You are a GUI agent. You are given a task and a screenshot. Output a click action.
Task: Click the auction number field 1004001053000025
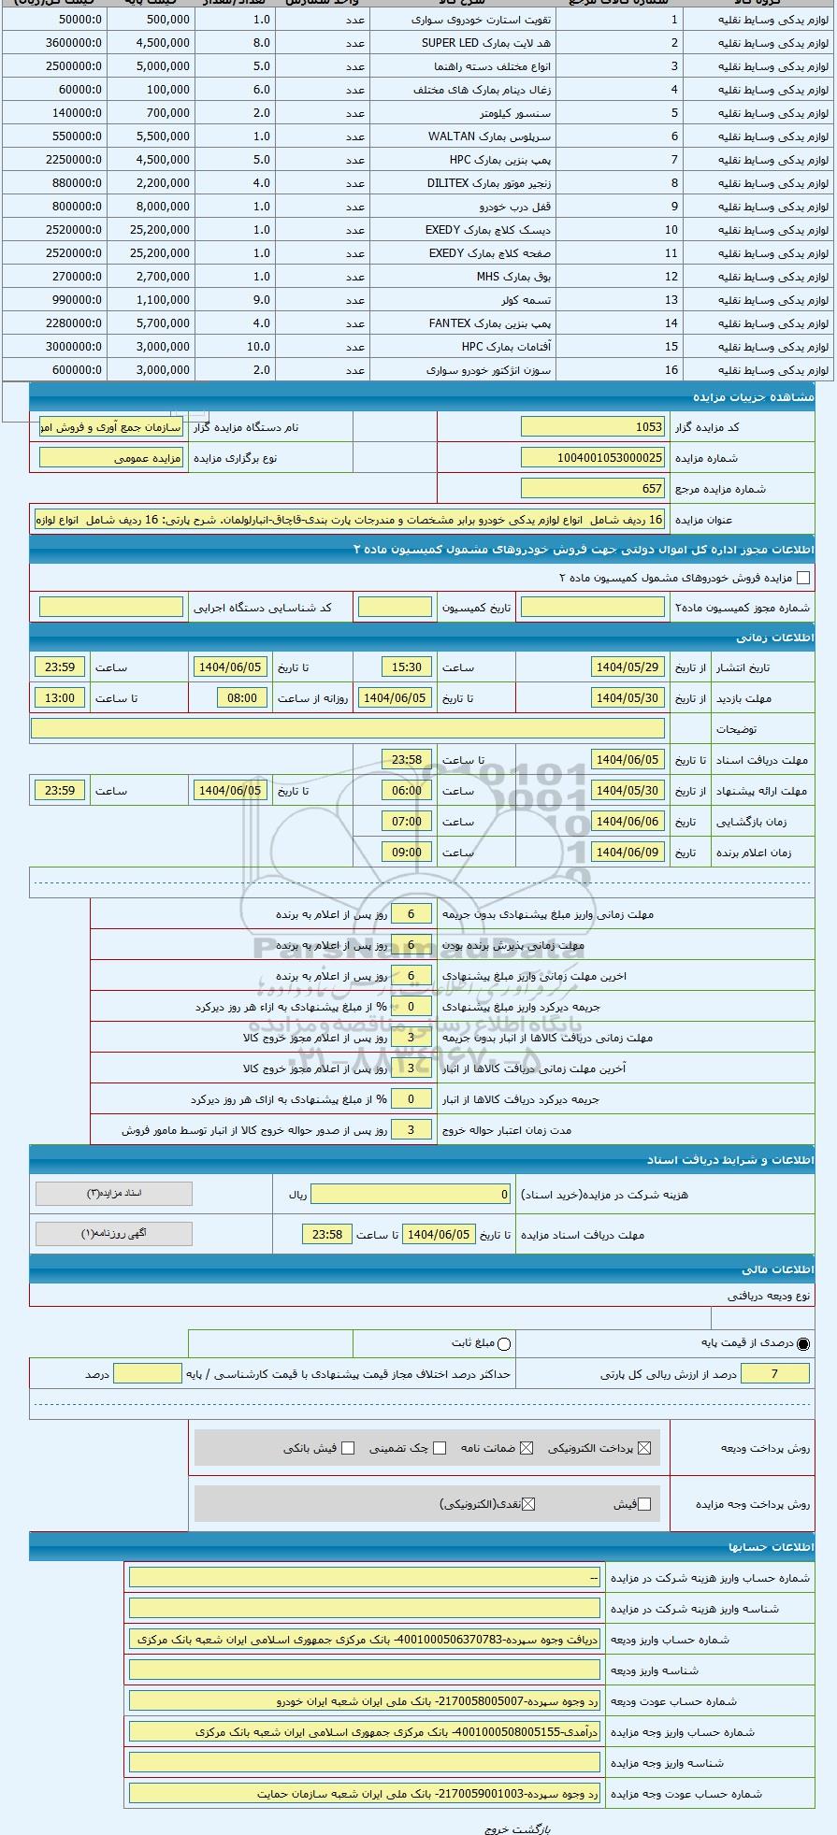pyautogui.click(x=593, y=457)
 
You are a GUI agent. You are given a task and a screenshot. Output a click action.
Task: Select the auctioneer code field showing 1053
pyautogui.click(x=593, y=426)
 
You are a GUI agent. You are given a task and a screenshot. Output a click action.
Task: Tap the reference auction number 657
pyautogui.click(x=593, y=488)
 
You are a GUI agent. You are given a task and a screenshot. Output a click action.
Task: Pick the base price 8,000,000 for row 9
pyautogui.click(x=163, y=207)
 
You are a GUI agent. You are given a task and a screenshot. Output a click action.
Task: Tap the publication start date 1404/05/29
pyautogui.click(x=628, y=667)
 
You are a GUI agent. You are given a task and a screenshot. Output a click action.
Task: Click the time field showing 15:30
pyautogui.click(x=407, y=667)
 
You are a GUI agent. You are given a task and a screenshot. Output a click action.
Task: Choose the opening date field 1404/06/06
pyautogui.click(x=628, y=822)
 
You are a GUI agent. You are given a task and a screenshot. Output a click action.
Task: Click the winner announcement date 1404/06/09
pyautogui.click(x=628, y=853)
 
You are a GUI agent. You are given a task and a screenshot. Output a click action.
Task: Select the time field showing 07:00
pyautogui.click(x=407, y=822)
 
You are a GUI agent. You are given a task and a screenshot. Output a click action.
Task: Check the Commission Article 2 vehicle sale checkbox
pyautogui.click(x=803, y=578)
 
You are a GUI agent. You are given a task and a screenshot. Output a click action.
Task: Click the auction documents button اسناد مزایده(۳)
pyautogui.click(x=114, y=1194)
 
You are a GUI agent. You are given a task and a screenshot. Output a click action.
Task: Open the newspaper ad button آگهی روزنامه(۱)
pyautogui.click(x=114, y=1233)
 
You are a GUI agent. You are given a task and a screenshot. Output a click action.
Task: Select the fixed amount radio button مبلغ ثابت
pyautogui.click(x=504, y=1344)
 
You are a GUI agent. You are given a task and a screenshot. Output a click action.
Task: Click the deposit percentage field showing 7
pyautogui.click(x=774, y=1373)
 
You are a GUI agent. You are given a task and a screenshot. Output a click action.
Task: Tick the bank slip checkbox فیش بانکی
pyautogui.click(x=348, y=1448)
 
